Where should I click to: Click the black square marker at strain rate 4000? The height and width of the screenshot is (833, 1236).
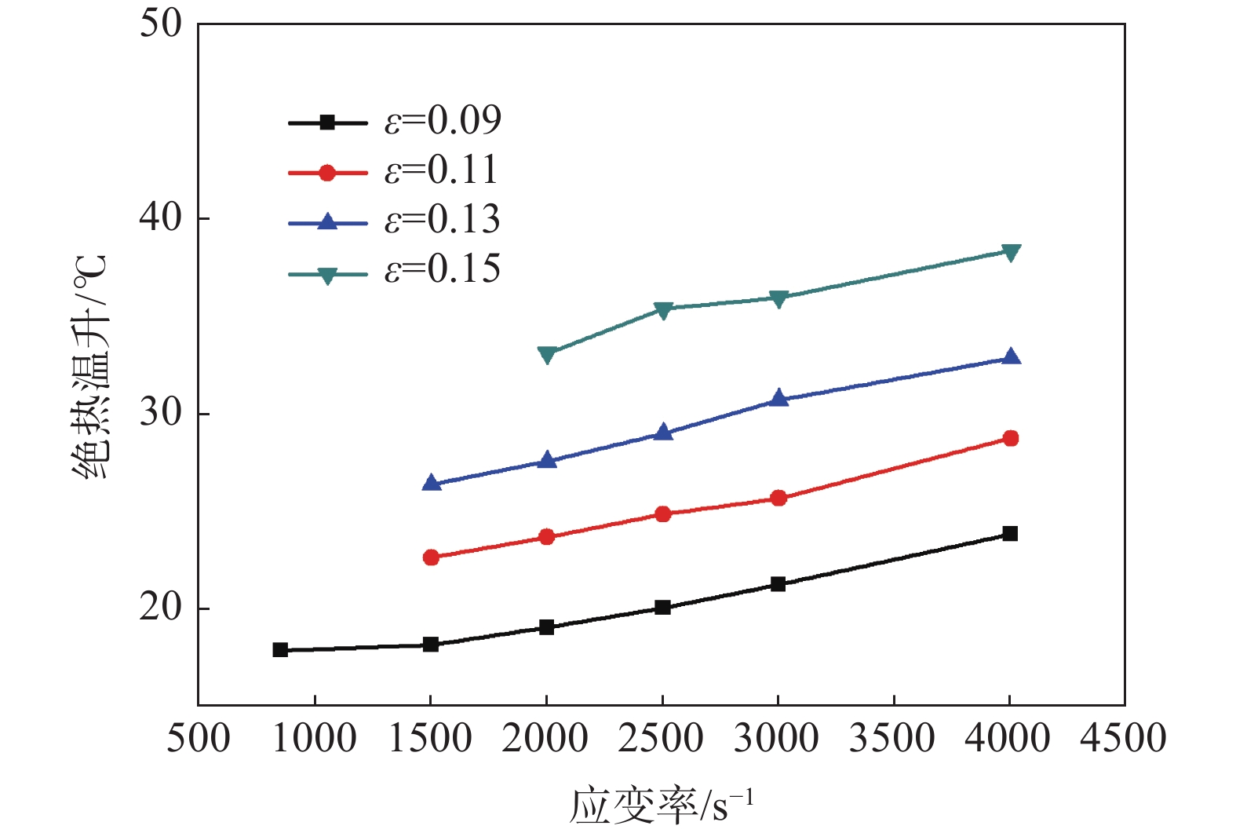1010,534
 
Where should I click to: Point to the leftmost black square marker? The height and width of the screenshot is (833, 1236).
280,650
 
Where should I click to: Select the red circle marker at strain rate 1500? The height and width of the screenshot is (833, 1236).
431,557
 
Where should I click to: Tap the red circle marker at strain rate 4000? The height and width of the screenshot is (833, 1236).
1010,438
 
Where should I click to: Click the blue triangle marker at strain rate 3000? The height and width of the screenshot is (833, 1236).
778,398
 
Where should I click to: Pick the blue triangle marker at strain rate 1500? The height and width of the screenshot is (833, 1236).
431,483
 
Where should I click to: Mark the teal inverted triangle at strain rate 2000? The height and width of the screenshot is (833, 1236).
547,355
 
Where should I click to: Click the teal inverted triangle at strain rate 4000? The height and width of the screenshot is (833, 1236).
1011,253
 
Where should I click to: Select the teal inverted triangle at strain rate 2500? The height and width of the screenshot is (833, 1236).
663,310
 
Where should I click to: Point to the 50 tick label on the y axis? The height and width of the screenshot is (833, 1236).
160,24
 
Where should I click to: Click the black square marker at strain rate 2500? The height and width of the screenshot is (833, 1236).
663,608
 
